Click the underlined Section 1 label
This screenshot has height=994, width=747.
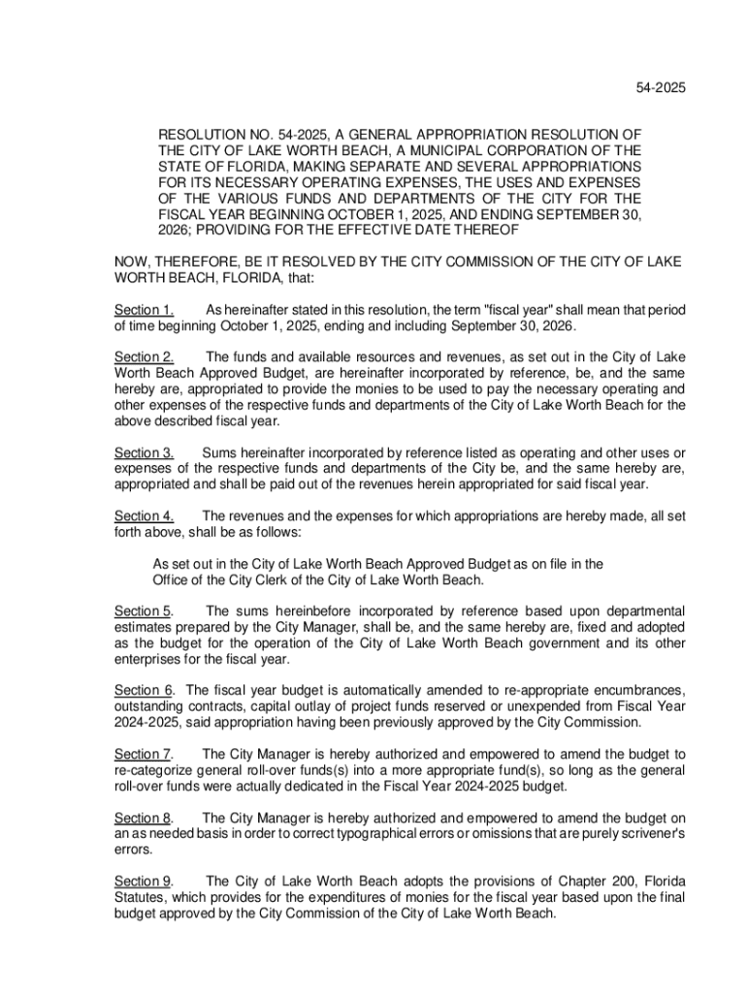tap(144, 310)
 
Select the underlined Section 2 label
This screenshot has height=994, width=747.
tap(144, 357)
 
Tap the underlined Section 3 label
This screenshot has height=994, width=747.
tap(144, 452)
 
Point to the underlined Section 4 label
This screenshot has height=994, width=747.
tap(144, 515)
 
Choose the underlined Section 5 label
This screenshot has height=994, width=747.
tap(144, 611)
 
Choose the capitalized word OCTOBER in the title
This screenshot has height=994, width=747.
tap(373, 214)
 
